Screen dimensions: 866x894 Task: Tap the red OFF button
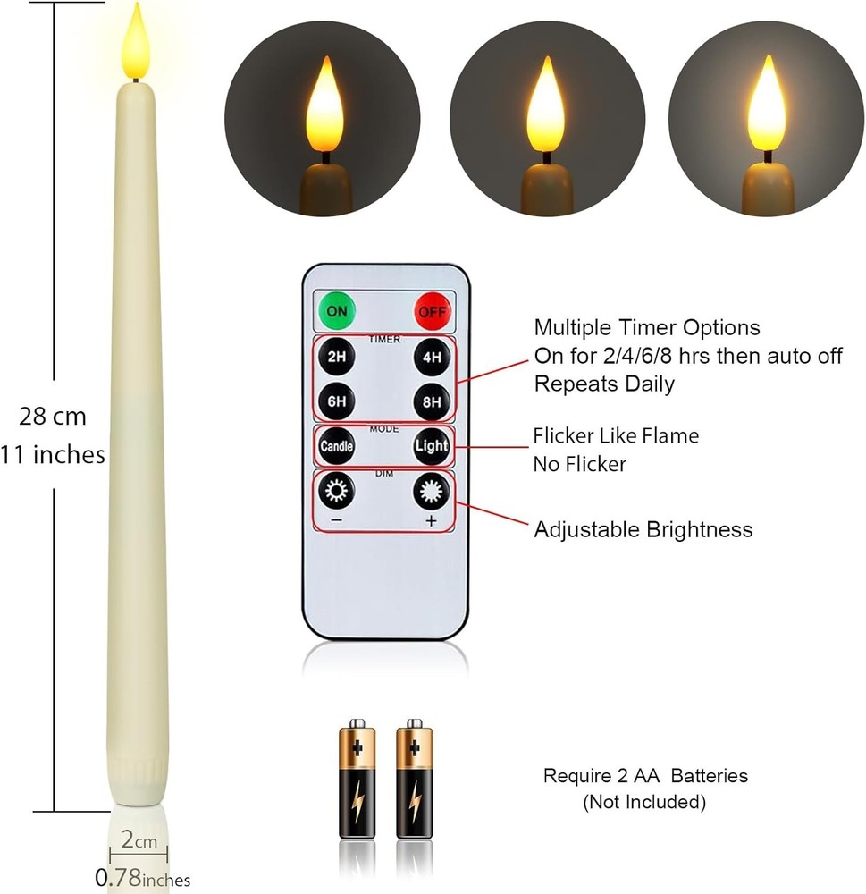(433, 311)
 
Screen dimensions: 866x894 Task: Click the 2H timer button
(336, 357)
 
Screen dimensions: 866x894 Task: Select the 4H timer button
(432, 357)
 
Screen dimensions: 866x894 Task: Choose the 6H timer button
(336, 401)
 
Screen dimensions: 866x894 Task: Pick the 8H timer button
(432, 401)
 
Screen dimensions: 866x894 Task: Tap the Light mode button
(432, 446)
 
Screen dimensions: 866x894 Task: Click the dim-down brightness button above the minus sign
(336, 490)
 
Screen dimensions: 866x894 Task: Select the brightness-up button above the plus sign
(432, 491)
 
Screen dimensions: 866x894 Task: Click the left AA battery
(357, 779)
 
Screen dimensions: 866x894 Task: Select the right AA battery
(415, 779)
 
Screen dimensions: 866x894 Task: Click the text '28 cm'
(53, 417)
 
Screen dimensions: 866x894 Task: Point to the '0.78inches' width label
(142, 878)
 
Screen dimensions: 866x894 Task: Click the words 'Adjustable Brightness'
(643, 529)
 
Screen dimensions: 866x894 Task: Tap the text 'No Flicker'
(579, 464)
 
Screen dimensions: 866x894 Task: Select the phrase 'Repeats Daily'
(604, 384)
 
